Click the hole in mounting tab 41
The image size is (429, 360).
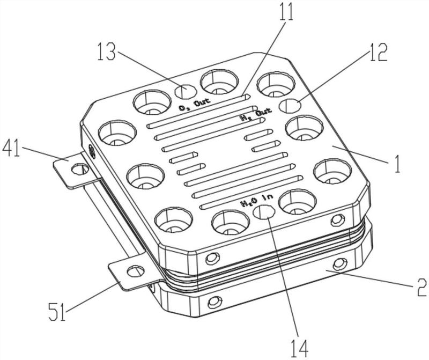tap(80, 170)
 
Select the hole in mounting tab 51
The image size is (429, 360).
tap(136, 271)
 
